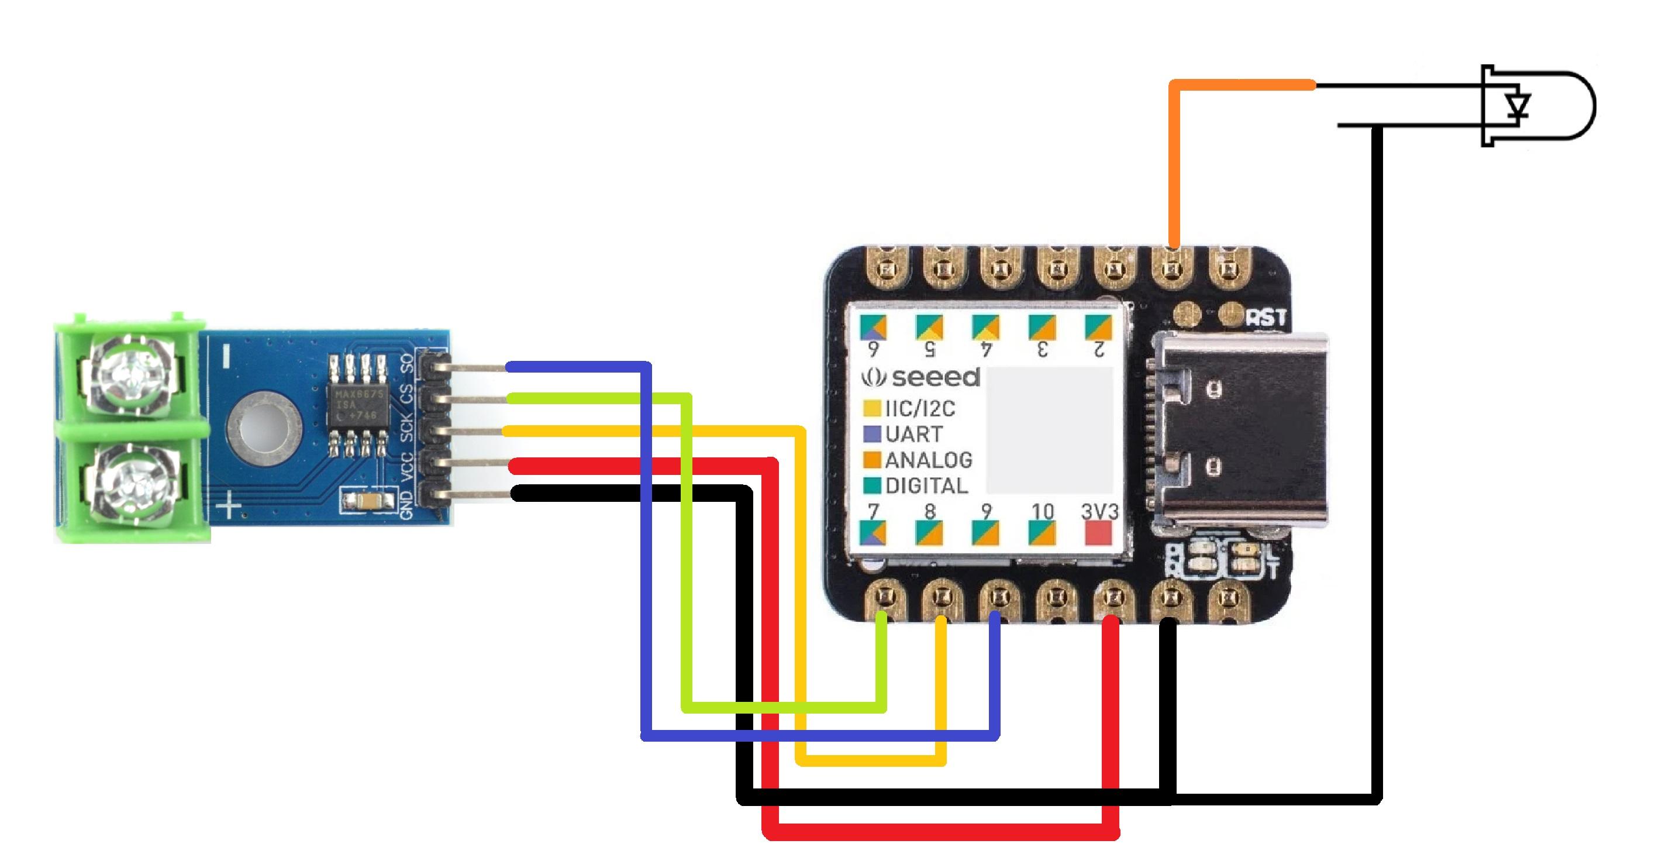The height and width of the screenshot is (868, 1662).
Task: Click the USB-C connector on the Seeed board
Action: click(1239, 429)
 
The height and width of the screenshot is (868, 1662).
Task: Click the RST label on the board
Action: click(1266, 318)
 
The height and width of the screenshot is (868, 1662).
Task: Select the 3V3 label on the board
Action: click(1099, 512)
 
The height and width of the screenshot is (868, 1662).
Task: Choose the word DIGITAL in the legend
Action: click(926, 486)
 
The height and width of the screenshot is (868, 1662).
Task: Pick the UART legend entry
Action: click(913, 435)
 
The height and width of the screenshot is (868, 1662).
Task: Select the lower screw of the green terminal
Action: click(131, 483)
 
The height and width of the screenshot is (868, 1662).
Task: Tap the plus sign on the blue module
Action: click(229, 505)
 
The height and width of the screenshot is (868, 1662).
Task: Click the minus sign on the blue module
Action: click(226, 356)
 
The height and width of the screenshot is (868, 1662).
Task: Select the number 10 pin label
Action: click(1043, 512)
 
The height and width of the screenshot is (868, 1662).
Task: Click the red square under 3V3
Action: click(1099, 533)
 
